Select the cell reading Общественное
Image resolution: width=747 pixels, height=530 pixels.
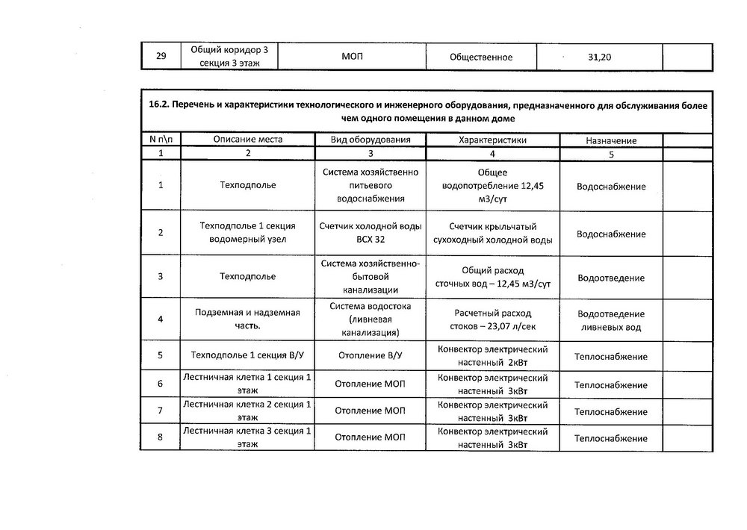pyautogui.click(x=481, y=57)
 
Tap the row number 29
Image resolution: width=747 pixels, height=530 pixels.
pyautogui.click(x=161, y=57)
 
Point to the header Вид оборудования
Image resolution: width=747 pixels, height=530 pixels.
pyautogui.click(x=371, y=140)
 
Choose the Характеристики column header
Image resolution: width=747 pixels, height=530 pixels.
pyautogui.click(x=492, y=140)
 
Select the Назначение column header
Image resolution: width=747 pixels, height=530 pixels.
pyautogui.click(x=611, y=140)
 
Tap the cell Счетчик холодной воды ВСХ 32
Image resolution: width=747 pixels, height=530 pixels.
pyautogui.click(x=371, y=234)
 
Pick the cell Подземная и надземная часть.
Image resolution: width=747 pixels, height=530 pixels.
pyautogui.click(x=247, y=319)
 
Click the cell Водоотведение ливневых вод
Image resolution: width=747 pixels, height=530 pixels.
pyautogui.click(x=611, y=321)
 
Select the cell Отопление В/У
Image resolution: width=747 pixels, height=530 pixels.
pyautogui.click(x=371, y=357)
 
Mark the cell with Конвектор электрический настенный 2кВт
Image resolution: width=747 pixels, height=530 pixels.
pyautogui.click(x=492, y=356)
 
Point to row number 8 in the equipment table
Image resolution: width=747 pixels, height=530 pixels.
pyautogui.click(x=161, y=437)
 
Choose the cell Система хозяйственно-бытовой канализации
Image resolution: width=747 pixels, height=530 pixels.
pyautogui.click(x=371, y=276)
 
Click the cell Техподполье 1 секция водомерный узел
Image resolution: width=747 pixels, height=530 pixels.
pyautogui.click(x=247, y=233)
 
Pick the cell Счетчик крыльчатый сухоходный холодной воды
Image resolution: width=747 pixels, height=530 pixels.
pyautogui.click(x=492, y=234)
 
